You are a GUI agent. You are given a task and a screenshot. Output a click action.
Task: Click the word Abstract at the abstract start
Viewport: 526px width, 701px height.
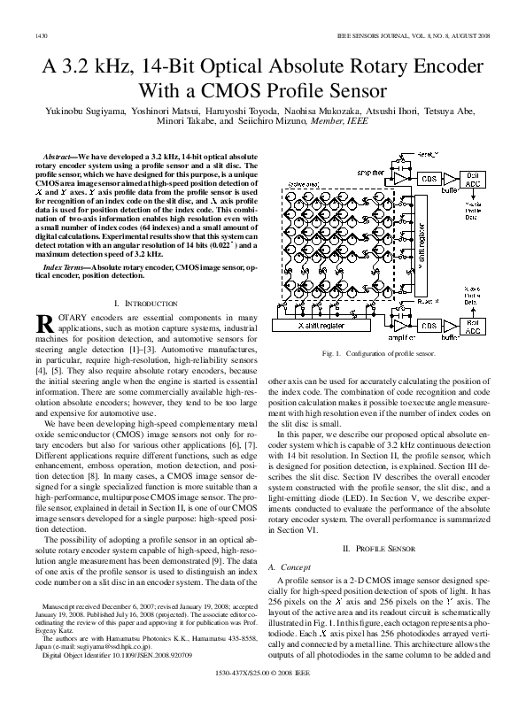(x=60, y=156)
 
